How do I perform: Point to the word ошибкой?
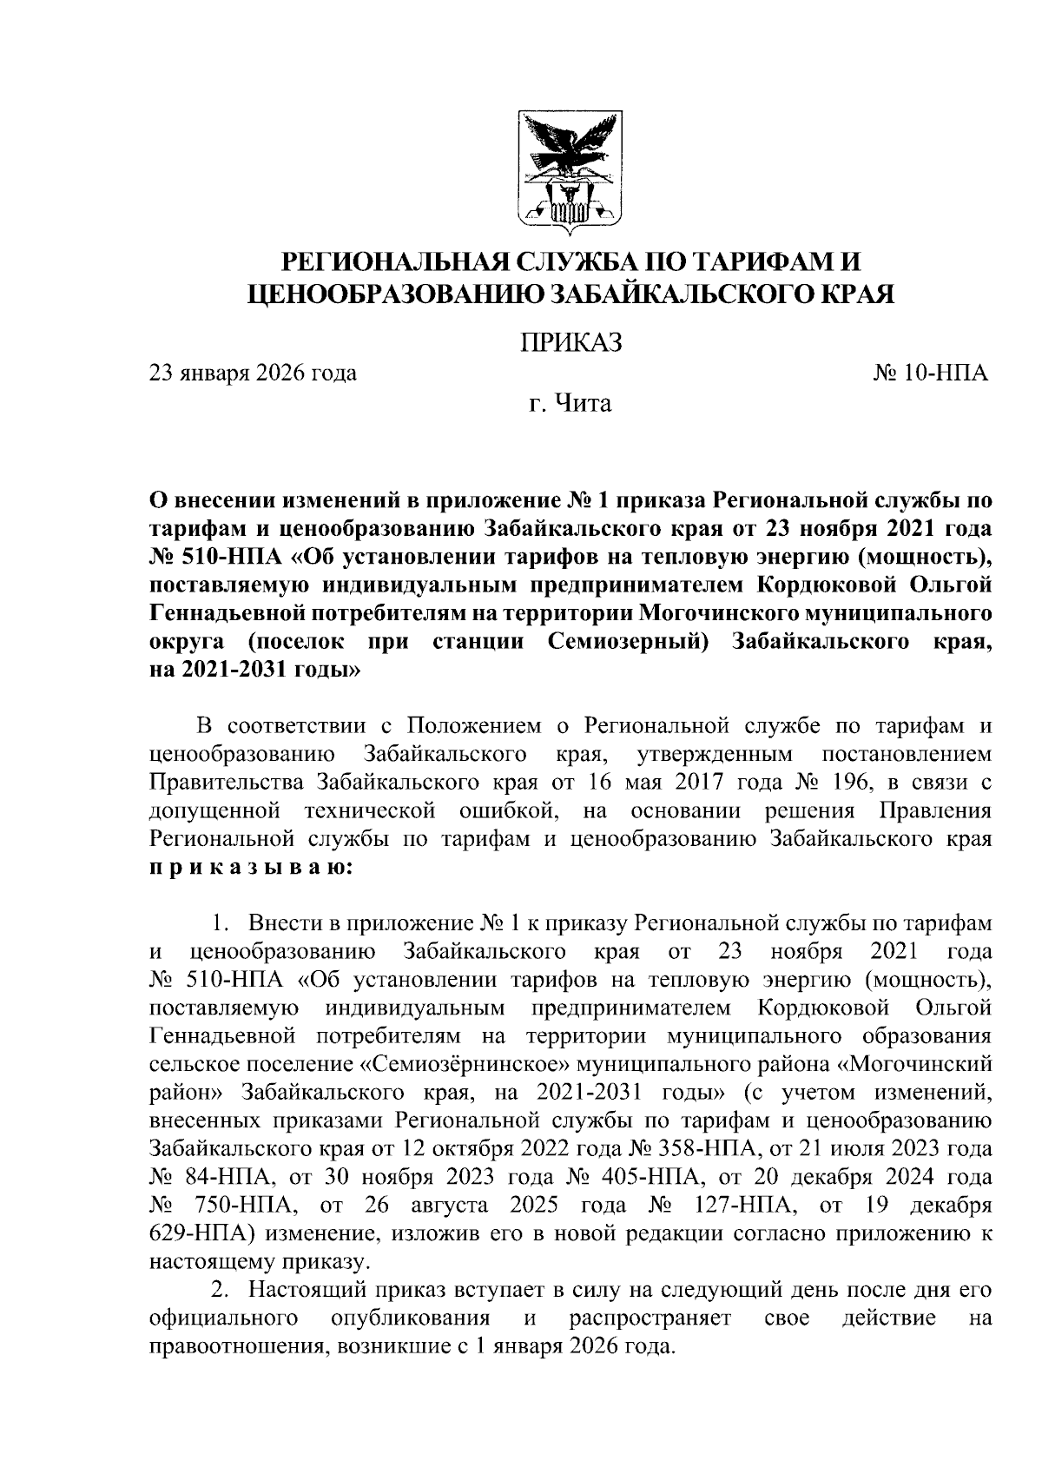pos(503,810)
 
